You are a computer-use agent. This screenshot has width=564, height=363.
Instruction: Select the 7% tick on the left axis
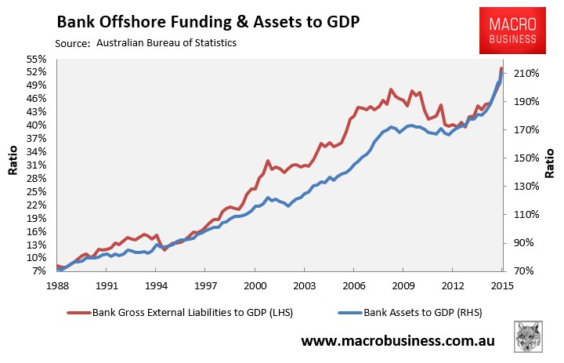click(x=39, y=270)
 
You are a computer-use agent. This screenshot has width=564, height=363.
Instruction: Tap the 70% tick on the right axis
click(x=524, y=270)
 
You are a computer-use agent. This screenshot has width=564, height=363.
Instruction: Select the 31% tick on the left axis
click(x=36, y=165)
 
